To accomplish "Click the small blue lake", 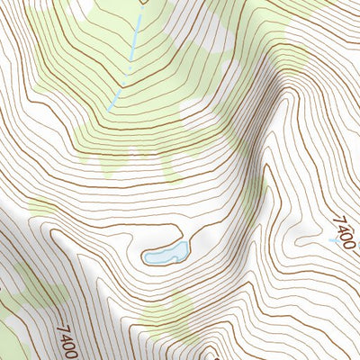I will [166, 253].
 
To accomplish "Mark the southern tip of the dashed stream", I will [110, 109].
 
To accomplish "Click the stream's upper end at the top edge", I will [141, 3].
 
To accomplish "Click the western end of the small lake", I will [147, 258].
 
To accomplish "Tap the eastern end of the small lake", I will [187, 245].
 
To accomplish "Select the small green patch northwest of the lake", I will [40, 209].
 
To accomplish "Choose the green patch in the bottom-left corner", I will [11, 342].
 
